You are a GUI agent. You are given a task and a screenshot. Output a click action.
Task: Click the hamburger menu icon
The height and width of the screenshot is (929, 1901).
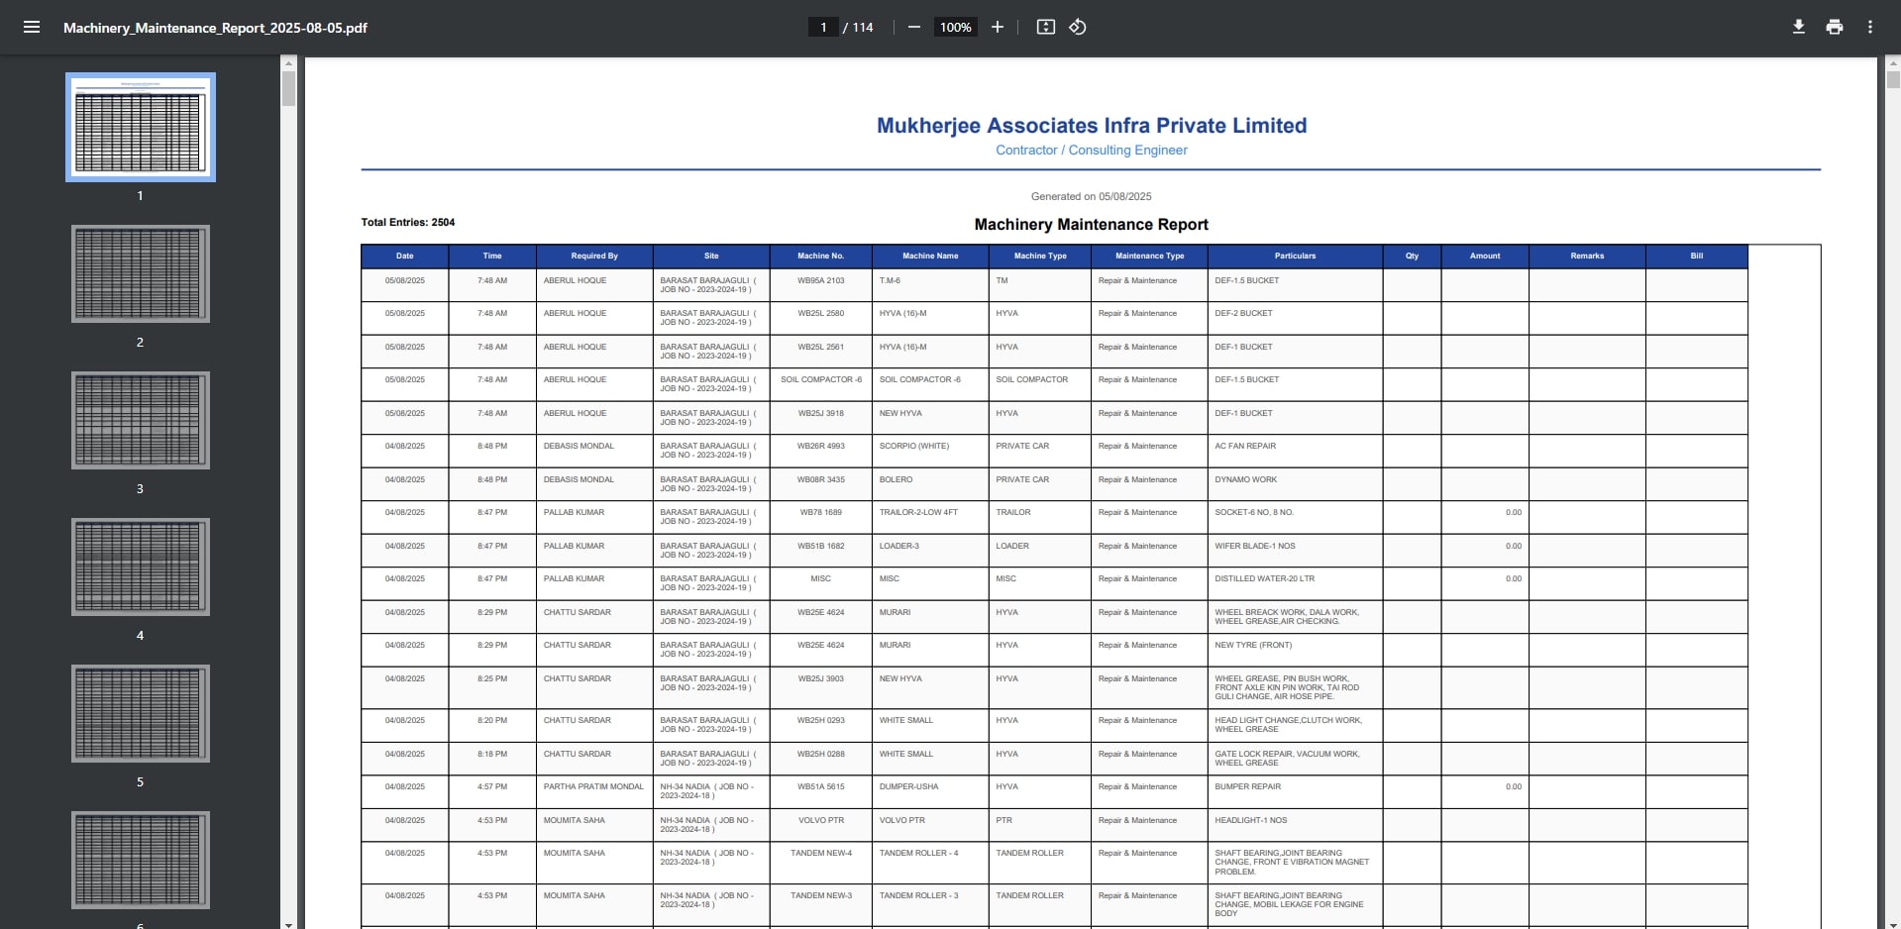click(x=32, y=27)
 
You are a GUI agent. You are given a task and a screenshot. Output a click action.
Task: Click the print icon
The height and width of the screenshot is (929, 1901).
click(x=1834, y=27)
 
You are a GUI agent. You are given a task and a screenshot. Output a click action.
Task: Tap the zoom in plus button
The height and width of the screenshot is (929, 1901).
click(x=998, y=27)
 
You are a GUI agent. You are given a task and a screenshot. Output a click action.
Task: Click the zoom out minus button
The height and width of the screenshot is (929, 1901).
click(x=914, y=27)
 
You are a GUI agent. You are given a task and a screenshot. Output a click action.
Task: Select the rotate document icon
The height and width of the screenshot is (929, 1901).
click(x=1078, y=27)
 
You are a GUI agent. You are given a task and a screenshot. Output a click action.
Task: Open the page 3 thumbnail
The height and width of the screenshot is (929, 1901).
click(x=140, y=420)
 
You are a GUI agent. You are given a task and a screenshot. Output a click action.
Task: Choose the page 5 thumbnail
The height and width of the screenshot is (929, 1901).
click(x=140, y=713)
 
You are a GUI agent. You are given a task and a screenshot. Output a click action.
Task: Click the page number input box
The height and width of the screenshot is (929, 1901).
click(x=823, y=27)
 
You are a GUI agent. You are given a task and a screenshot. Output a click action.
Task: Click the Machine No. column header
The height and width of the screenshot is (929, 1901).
click(x=820, y=256)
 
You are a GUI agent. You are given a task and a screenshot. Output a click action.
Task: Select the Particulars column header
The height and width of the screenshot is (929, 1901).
click(x=1295, y=256)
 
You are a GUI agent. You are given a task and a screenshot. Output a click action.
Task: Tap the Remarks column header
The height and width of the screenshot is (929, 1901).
click(x=1586, y=256)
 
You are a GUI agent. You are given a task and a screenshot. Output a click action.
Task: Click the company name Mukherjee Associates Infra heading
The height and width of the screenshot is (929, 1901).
click(x=1091, y=126)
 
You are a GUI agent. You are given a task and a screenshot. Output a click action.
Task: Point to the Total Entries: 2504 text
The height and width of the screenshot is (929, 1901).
click(x=408, y=222)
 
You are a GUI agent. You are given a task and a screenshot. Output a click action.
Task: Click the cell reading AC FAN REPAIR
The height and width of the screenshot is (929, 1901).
click(x=1245, y=447)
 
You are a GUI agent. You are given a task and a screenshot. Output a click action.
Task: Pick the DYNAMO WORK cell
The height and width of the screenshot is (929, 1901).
click(x=1245, y=479)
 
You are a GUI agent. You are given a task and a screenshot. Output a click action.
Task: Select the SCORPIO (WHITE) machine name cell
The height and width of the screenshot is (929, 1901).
click(x=914, y=447)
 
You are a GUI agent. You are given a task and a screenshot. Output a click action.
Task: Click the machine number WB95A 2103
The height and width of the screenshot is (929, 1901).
click(x=820, y=281)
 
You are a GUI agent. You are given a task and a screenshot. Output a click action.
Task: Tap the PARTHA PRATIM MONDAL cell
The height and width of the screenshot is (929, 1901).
click(x=593, y=787)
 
